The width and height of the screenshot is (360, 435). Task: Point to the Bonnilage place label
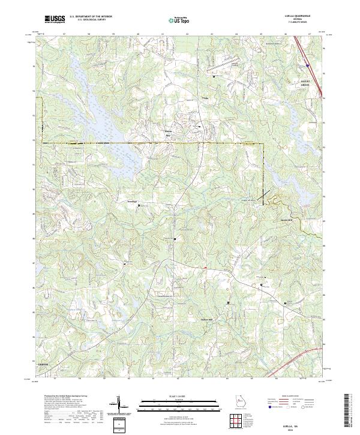(131, 201)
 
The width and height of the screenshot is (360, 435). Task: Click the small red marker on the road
(205, 268)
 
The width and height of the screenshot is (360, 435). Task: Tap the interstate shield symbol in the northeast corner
(307, 64)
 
